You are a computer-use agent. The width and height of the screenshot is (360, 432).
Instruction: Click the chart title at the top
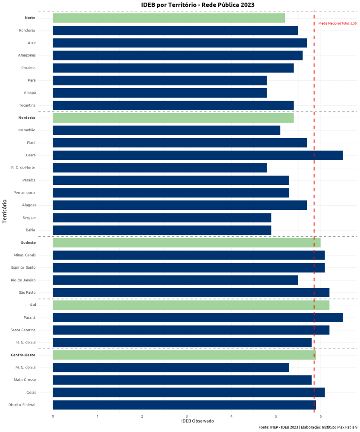click(198, 5)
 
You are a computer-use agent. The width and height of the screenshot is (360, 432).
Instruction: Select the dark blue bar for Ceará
click(198, 155)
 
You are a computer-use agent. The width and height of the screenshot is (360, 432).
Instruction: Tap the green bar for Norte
click(169, 18)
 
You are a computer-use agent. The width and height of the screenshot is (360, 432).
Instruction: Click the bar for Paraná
click(198, 318)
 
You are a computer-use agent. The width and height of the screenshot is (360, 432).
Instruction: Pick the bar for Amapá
click(159, 93)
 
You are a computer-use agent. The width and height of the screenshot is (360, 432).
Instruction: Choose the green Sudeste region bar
click(186, 243)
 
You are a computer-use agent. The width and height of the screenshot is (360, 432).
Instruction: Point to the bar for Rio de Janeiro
click(175, 280)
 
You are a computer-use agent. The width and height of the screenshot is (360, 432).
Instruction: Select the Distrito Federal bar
click(184, 405)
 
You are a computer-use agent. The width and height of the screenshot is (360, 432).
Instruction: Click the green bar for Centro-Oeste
click(184, 355)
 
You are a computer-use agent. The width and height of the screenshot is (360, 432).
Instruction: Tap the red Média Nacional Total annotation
click(337, 23)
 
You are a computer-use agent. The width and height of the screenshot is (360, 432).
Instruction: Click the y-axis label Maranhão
click(27, 130)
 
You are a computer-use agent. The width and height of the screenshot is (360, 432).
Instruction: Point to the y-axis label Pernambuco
click(25, 193)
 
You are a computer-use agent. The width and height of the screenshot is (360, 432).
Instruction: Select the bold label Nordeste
click(27, 118)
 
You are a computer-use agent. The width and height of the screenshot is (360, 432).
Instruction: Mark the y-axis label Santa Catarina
click(23, 330)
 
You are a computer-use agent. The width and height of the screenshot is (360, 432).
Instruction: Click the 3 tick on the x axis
click(187, 416)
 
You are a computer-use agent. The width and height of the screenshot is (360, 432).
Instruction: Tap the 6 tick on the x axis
click(321, 416)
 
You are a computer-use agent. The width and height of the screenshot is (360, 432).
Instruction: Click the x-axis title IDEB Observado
click(198, 421)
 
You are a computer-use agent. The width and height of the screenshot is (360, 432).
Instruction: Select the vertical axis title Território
click(5, 211)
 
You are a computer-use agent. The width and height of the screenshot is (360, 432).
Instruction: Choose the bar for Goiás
click(188, 392)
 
